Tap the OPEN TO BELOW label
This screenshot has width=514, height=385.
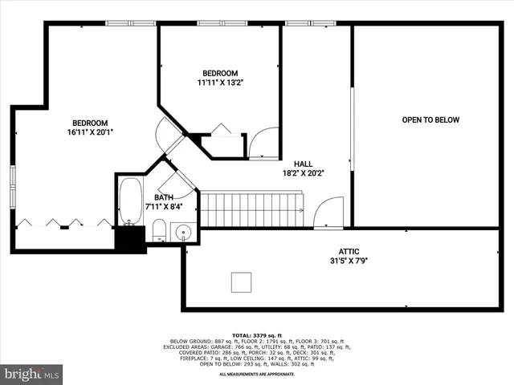[x=430, y=120]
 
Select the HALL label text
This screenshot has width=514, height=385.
[x=303, y=163]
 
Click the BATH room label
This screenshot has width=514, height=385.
[x=164, y=197]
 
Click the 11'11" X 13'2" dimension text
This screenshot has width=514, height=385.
[x=219, y=82]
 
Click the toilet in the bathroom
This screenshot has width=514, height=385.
[x=159, y=231]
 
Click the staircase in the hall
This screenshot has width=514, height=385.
[x=251, y=209]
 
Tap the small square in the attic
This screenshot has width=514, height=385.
[x=241, y=282]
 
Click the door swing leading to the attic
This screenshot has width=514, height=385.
[x=328, y=215]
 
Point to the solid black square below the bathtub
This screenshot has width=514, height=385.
[x=130, y=239]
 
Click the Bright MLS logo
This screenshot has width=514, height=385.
[x=32, y=374]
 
